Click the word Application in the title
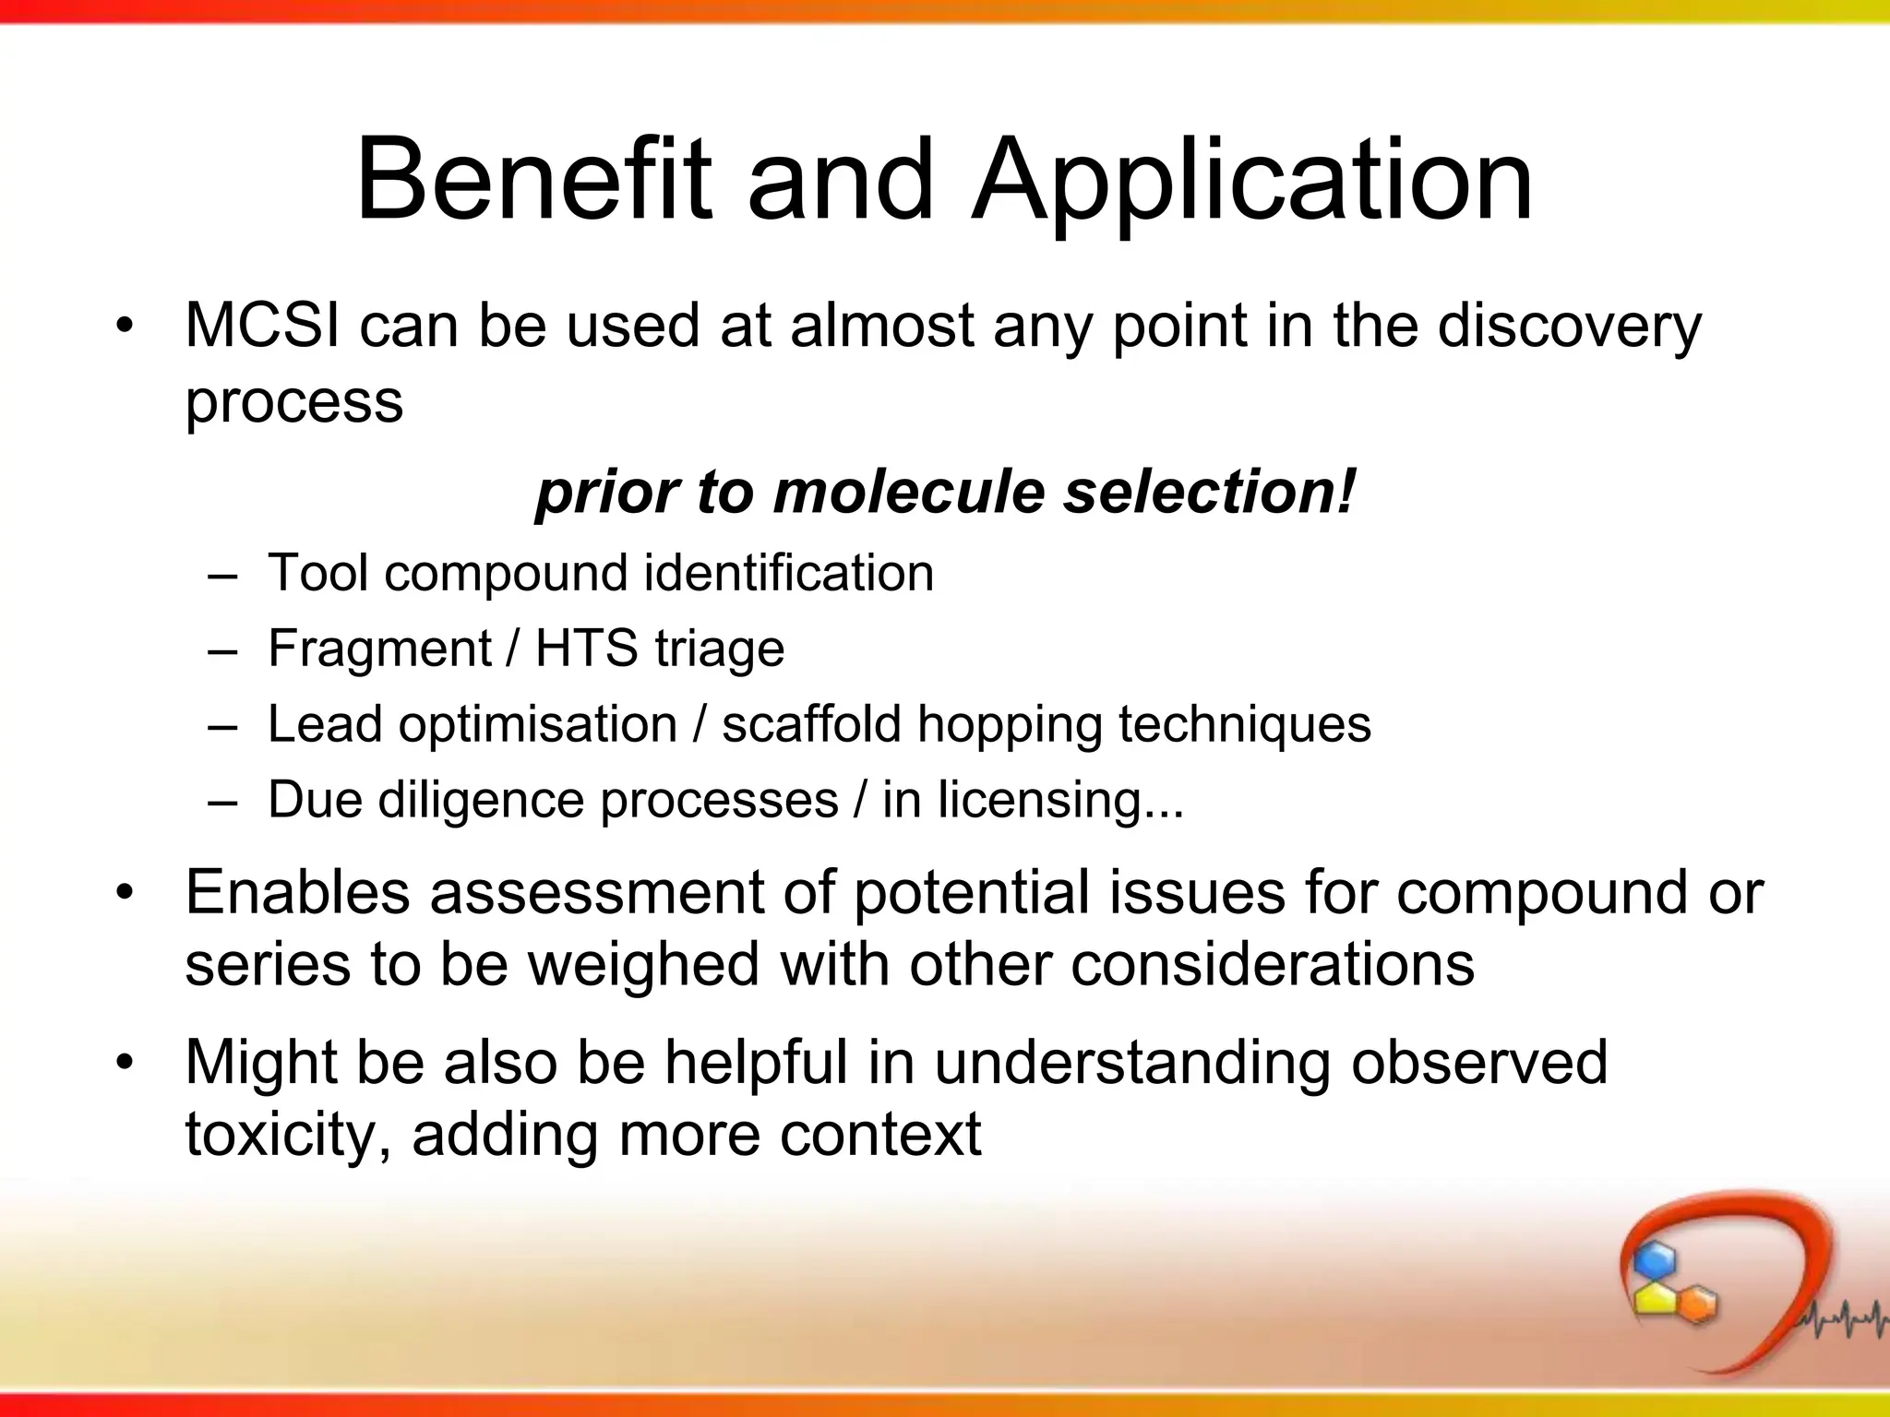1252,181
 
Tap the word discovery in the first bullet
1569,327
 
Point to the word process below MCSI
293,403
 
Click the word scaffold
810,724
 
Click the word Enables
297,893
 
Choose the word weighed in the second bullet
642,965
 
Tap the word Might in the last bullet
261,1063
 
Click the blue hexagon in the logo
1654,1259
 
